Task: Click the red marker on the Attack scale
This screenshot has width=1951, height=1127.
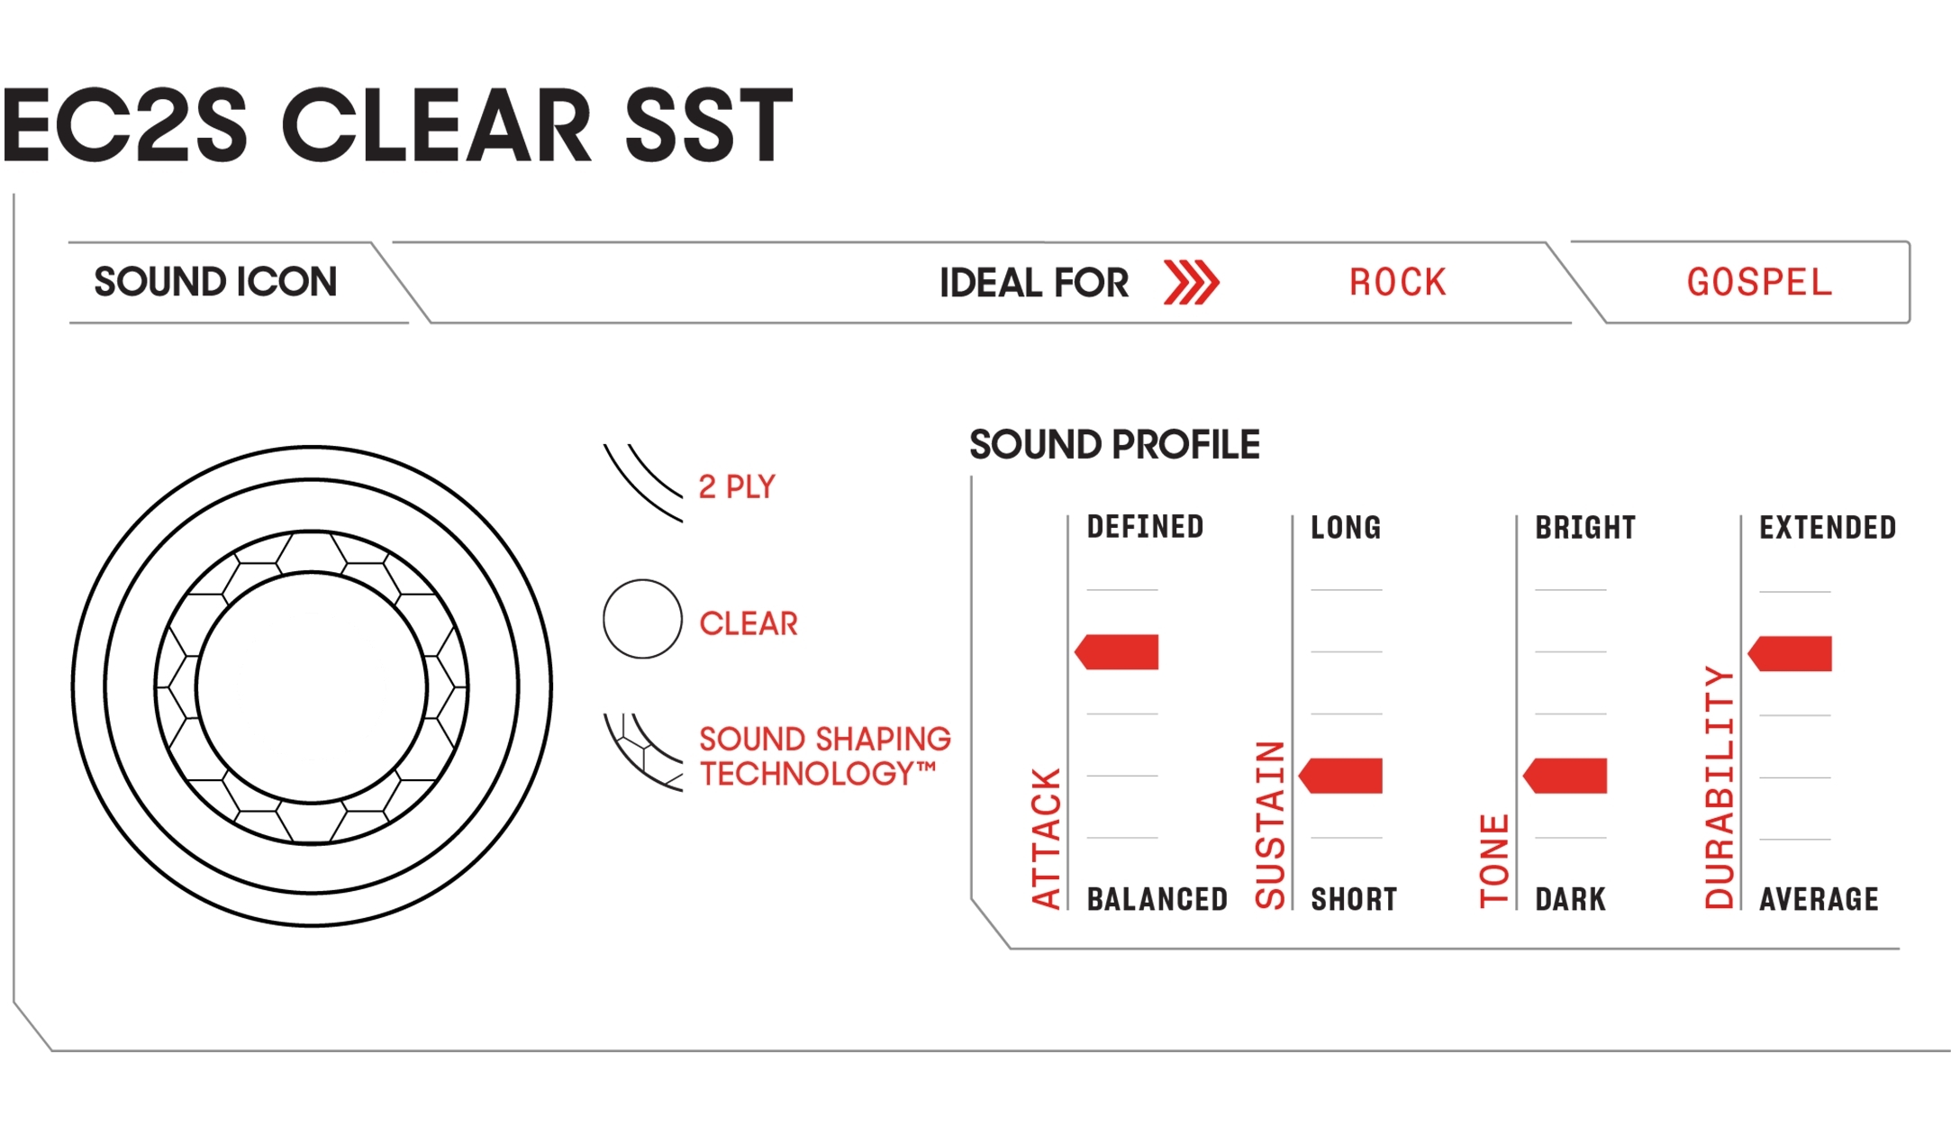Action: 1117,652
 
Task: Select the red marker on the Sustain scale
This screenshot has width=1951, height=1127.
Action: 1340,776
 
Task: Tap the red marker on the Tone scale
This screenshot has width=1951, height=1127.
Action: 1565,776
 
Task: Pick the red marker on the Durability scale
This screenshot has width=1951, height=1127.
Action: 1790,654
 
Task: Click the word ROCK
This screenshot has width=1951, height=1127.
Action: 1397,283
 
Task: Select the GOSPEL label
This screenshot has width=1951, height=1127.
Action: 1759,283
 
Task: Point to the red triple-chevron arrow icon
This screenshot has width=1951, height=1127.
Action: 1191,283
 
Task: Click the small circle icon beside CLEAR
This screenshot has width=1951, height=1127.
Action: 642,619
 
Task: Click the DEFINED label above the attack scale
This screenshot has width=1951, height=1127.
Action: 1145,527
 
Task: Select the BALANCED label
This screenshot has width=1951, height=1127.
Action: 1157,899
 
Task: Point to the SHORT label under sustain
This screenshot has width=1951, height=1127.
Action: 1354,899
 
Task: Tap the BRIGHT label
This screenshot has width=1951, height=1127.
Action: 1585,527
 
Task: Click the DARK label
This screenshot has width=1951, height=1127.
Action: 1570,899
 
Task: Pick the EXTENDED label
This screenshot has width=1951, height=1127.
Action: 1828,527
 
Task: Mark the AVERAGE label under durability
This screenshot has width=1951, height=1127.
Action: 1819,899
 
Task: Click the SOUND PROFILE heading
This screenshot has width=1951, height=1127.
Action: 1114,444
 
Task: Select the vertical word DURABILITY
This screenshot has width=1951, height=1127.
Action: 1719,787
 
